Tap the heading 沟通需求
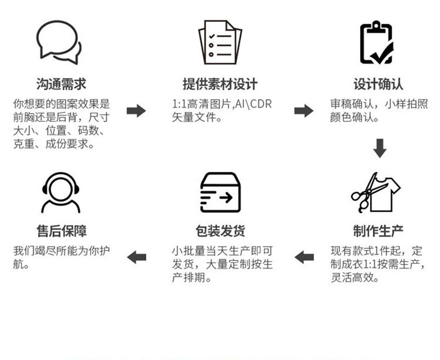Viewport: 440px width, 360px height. (x=61, y=84)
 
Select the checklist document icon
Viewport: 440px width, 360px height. (x=219, y=42)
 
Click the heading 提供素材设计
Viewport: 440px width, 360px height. (x=219, y=84)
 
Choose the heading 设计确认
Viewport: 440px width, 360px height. (x=378, y=84)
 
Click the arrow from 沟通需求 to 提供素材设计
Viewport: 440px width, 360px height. (x=136, y=111)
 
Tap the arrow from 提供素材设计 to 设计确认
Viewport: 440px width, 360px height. (x=304, y=111)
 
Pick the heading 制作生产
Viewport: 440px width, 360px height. (x=378, y=230)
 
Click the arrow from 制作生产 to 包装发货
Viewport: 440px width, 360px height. (x=304, y=257)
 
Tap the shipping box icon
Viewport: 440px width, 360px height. (x=219, y=193)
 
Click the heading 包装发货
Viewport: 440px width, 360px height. (x=219, y=230)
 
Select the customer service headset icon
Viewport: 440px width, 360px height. (x=61, y=193)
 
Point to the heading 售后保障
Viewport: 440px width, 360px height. (x=61, y=230)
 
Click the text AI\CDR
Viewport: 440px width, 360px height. (x=252, y=104)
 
